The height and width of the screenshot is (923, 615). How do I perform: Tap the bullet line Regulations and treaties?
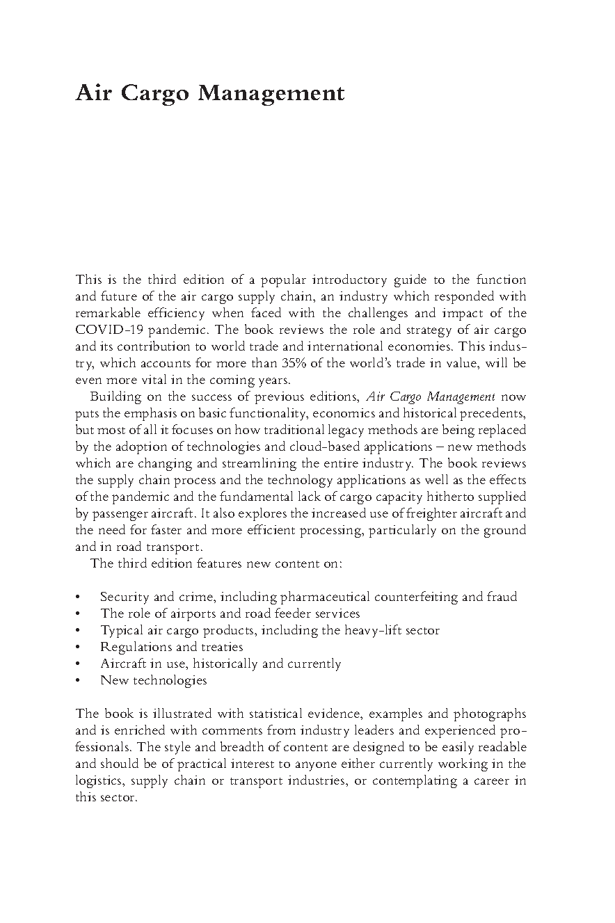coord(172,647)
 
